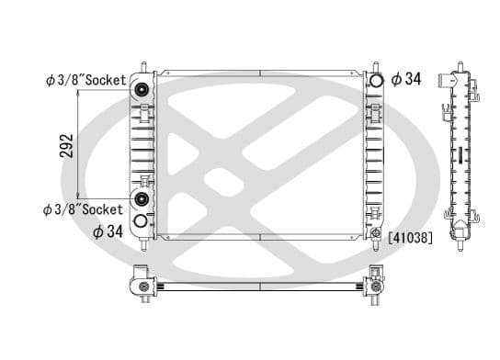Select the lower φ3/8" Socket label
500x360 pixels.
point(84,209)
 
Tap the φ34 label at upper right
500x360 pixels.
point(405,79)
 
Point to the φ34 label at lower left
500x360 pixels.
point(108,231)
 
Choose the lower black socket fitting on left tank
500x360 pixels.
point(142,200)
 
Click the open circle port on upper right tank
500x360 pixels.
point(375,80)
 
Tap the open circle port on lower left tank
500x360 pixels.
point(141,222)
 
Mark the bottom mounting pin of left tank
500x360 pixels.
point(144,246)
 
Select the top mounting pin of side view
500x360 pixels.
point(457,64)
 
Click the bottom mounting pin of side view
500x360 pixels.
point(457,245)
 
